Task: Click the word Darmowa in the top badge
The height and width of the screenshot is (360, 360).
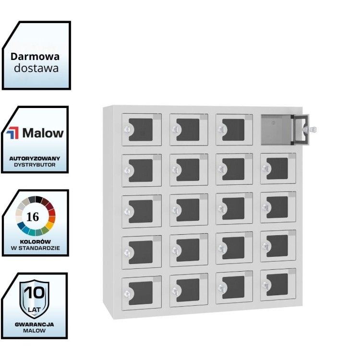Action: [x=36, y=56]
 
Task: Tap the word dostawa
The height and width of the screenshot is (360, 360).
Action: [x=36, y=68]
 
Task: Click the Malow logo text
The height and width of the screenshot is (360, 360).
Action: [x=43, y=133]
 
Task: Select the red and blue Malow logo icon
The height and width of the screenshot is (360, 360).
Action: [x=13, y=133]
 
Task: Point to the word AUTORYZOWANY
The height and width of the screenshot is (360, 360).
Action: [x=35, y=158]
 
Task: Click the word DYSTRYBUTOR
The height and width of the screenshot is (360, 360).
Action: [x=35, y=165]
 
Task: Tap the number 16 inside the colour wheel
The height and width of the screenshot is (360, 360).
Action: [x=33, y=216]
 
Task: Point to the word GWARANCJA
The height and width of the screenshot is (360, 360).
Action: [x=34, y=324]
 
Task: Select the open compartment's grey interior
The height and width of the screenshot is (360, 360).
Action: [x=276, y=129]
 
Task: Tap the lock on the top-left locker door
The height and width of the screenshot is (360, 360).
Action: [x=127, y=129]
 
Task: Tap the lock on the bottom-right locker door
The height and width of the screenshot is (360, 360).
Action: [x=265, y=285]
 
